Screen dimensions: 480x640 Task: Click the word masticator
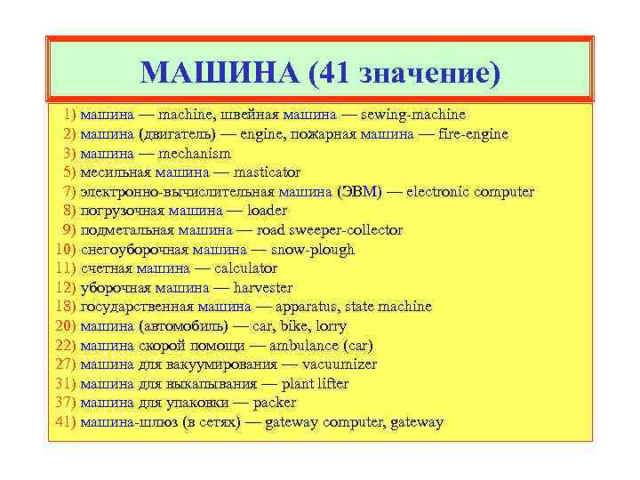[x=267, y=172]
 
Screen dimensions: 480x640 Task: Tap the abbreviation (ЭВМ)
[x=358, y=192]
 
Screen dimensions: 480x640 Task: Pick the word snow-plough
[x=312, y=250]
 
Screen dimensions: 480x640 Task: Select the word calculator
[x=245, y=268]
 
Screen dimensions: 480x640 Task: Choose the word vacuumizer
[x=340, y=364]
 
